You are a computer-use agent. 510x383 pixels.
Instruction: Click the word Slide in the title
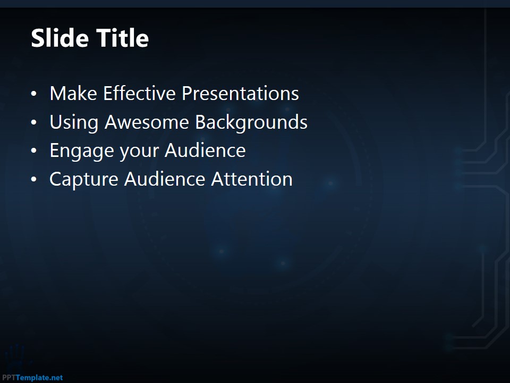(60, 38)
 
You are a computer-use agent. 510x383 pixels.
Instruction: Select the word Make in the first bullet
(73, 94)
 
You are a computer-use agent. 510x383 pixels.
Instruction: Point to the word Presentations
(240, 94)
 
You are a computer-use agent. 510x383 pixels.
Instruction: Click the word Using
(74, 123)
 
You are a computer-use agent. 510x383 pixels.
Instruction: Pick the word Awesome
(147, 122)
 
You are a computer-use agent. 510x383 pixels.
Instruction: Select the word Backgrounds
(251, 123)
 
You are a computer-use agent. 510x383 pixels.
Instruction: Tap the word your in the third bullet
(140, 152)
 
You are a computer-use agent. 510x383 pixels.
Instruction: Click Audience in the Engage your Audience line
(205, 151)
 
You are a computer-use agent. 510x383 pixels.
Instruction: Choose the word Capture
(84, 180)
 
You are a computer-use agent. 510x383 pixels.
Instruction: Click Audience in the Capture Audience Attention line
(165, 179)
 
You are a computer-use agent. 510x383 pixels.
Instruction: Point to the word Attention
(252, 179)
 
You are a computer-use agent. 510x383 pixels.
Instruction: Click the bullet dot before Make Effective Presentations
(34, 94)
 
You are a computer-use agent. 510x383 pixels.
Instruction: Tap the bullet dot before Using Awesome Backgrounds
(34, 122)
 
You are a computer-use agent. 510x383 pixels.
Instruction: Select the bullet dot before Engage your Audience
(34, 151)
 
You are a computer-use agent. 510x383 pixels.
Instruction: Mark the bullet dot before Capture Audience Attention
(34, 179)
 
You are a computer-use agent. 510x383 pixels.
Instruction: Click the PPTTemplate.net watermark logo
(32, 378)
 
